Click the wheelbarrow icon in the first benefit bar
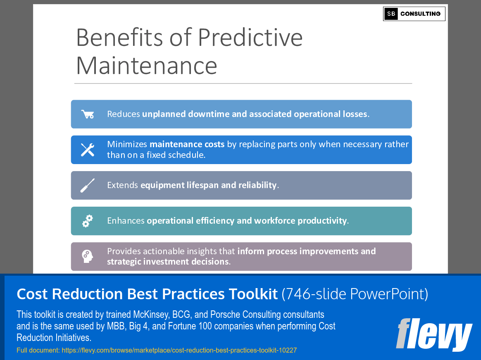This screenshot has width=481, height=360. (x=88, y=114)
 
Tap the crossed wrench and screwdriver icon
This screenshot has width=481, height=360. (x=88, y=150)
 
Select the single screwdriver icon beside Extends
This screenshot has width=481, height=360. (x=88, y=185)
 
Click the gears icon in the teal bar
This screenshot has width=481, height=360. (x=88, y=221)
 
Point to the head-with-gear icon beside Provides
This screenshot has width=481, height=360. (x=88, y=256)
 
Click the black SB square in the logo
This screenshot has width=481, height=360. (x=391, y=14)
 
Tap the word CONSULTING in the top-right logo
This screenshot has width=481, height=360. (x=420, y=14)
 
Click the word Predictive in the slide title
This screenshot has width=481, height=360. (x=250, y=37)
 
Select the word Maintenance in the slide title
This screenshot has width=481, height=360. (x=147, y=65)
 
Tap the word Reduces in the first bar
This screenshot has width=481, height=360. (x=124, y=114)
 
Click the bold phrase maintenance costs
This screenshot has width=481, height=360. (x=187, y=144)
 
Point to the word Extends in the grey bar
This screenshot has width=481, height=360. (x=123, y=185)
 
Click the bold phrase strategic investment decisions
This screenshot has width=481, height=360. (x=167, y=262)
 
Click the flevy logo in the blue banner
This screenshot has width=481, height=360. (x=433, y=334)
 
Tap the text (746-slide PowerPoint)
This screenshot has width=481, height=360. (x=355, y=294)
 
